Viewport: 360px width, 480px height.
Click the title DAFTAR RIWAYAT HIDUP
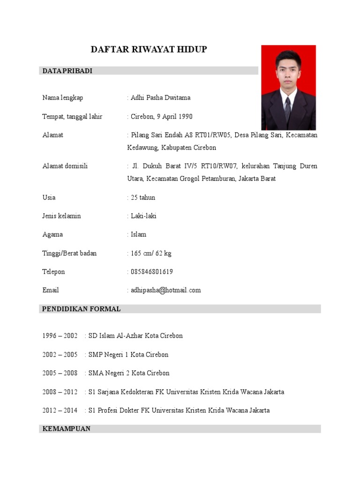tap(148, 50)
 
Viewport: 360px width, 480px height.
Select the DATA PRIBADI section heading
tap(67, 71)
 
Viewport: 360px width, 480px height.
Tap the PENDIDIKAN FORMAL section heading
tap(82, 309)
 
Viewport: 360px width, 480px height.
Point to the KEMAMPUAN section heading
tap(66, 429)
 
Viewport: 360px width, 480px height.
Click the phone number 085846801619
tap(152, 272)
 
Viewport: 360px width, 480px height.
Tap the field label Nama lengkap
tap(63, 98)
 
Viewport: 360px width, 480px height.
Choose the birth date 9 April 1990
tap(176, 117)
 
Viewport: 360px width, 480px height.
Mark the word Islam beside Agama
tap(139, 234)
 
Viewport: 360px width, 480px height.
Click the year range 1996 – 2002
tap(60, 336)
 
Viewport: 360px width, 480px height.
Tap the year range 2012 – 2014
tap(60, 411)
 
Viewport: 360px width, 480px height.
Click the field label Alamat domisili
tap(65, 166)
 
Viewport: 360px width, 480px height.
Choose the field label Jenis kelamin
tap(61, 216)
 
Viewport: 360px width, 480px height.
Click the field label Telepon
tap(53, 272)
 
